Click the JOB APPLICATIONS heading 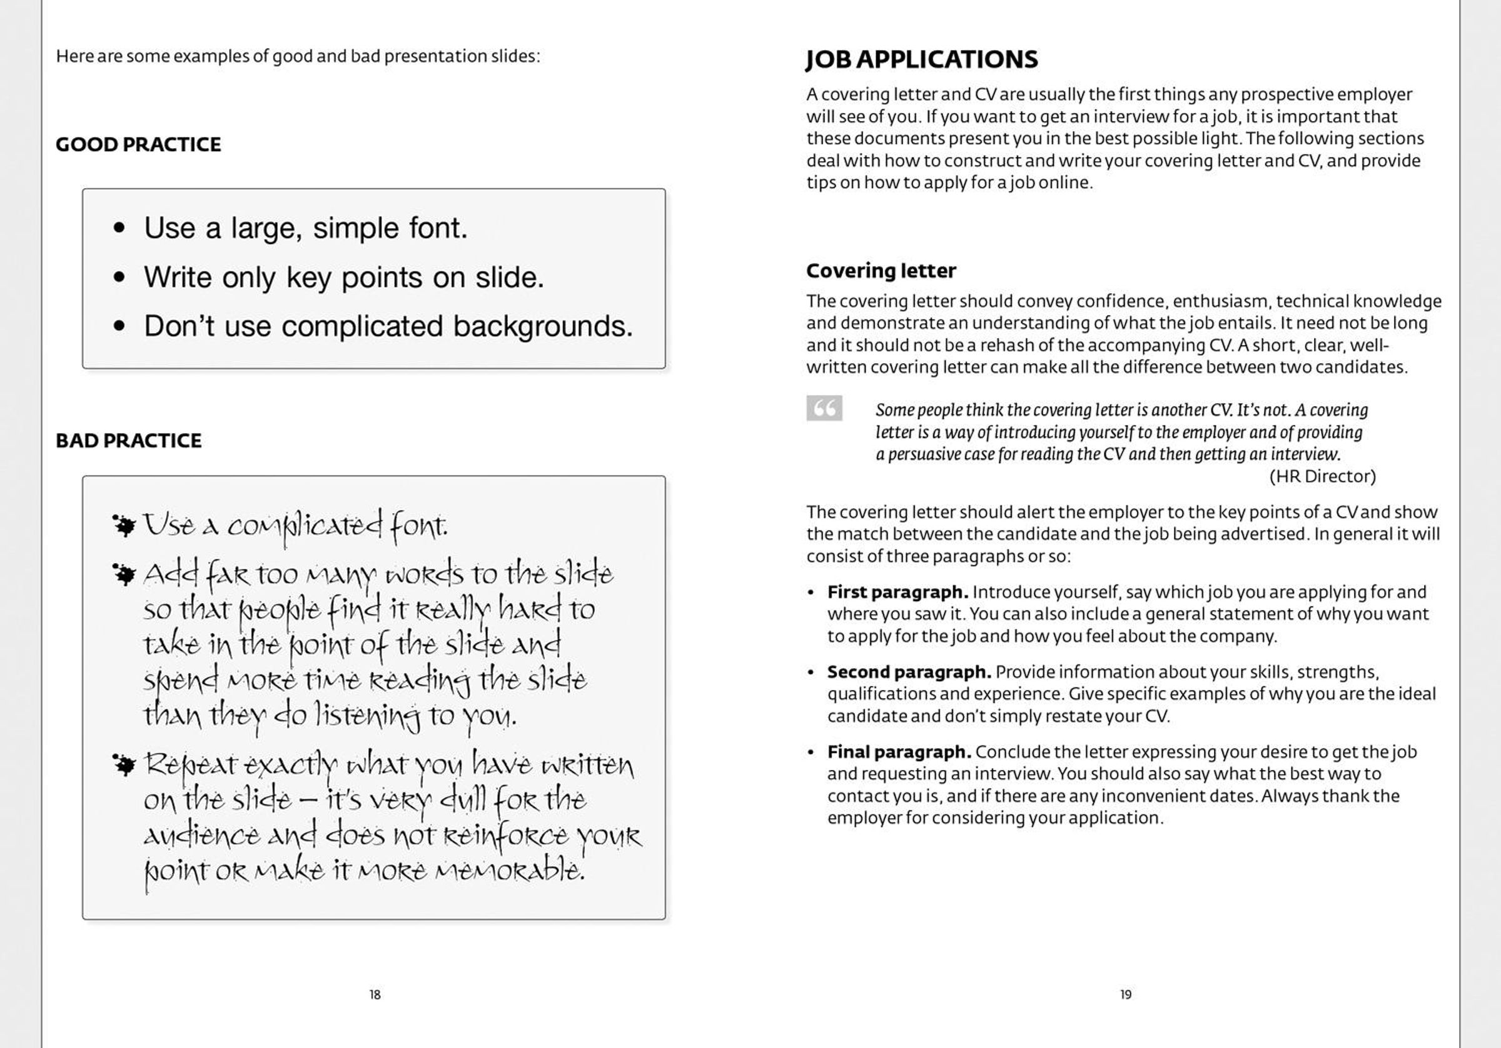(x=921, y=59)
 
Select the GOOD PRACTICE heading (x=138, y=144)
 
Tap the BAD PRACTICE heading (x=128, y=441)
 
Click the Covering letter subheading (x=881, y=271)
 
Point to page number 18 (x=375, y=994)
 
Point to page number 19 (x=1126, y=994)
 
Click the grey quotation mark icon (x=824, y=408)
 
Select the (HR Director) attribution (x=1322, y=476)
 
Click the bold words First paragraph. (x=897, y=592)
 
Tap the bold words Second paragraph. (x=909, y=672)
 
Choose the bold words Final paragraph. (x=899, y=752)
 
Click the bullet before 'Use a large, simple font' (x=119, y=228)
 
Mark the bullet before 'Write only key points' (x=119, y=277)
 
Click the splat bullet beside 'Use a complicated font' (x=124, y=526)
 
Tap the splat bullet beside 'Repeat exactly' (x=124, y=764)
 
